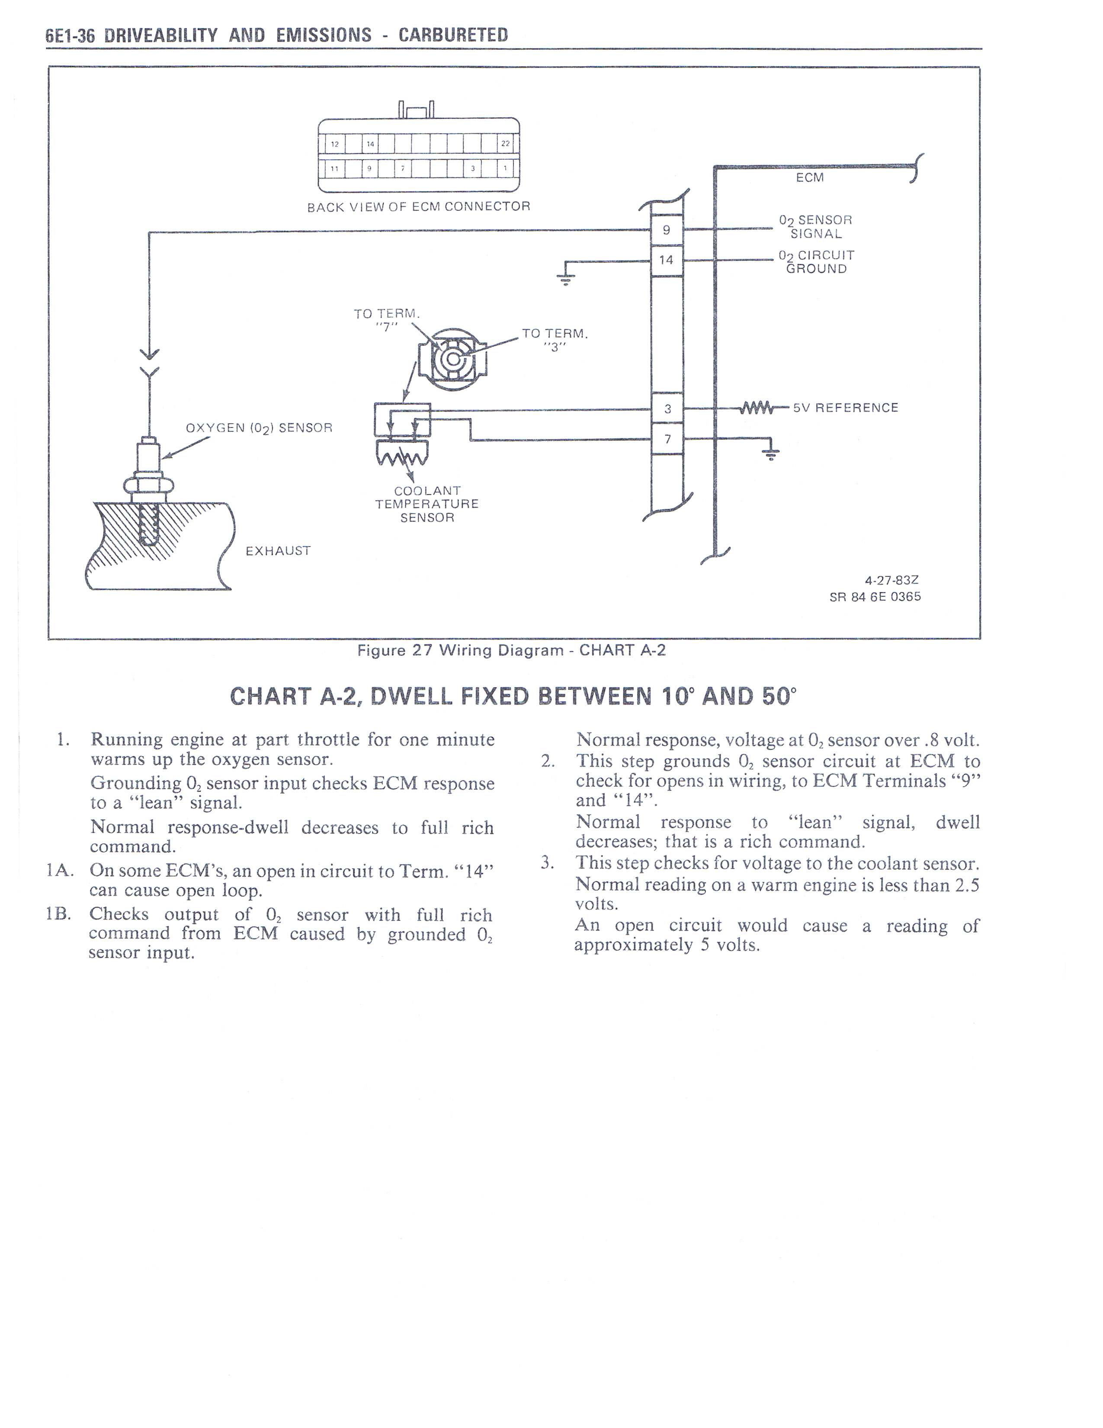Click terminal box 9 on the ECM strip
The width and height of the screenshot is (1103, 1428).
click(x=667, y=230)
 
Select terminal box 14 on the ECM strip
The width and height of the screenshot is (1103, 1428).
click(x=667, y=260)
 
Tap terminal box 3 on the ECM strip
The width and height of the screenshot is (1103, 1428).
click(x=667, y=409)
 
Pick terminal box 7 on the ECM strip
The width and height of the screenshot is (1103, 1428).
click(x=667, y=439)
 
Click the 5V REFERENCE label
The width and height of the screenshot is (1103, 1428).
click(x=846, y=408)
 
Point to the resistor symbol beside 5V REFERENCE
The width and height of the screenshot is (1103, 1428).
click(x=755, y=408)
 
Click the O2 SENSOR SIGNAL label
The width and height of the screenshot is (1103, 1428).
click(x=815, y=227)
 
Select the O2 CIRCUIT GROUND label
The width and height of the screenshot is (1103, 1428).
click(x=816, y=261)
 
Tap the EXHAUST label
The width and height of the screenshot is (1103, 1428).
click(x=278, y=550)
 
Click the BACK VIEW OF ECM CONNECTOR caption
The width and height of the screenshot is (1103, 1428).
click(x=419, y=206)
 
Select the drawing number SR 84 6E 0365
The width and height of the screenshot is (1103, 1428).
click(x=875, y=596)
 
